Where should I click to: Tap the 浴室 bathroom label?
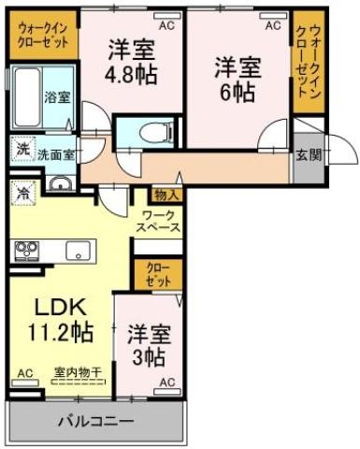coord(56,96)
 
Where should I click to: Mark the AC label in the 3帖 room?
coord(166,383)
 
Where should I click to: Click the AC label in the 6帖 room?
coord(272,26)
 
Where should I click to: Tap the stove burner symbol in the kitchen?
coord(25,250)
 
